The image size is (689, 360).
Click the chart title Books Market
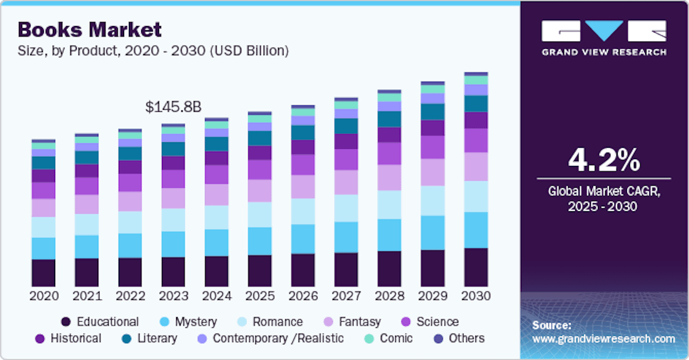[90, 30]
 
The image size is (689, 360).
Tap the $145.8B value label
[173, 107]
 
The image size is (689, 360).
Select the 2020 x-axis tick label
[44, 296]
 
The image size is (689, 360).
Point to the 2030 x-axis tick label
[476, 296]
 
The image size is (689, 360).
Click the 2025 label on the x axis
[260, 296]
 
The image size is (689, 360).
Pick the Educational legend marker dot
[66, 322]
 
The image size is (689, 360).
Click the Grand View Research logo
[604, 37]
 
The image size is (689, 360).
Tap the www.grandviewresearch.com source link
[603, 339]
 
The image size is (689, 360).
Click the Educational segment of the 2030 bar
[476, 267]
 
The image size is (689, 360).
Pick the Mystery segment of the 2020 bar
[44, 248]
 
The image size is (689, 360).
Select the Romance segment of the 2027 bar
[346, 208]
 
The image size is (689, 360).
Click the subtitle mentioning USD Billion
[153, 50]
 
